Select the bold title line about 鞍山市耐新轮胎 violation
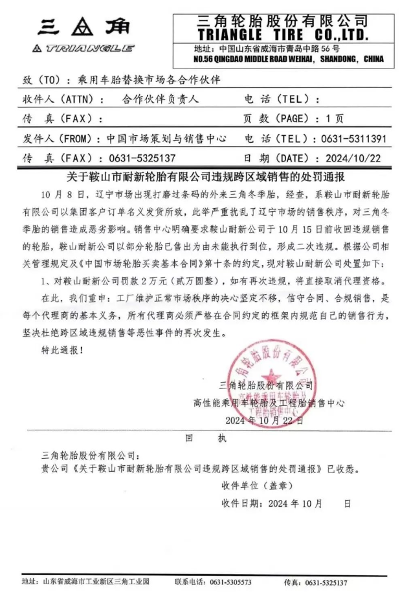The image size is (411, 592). (x=205, y=176)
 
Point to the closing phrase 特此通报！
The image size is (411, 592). (x=61, y=350)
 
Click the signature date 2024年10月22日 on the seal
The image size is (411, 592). (x=264, y=420)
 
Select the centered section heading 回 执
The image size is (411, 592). (x=206, y=438)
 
